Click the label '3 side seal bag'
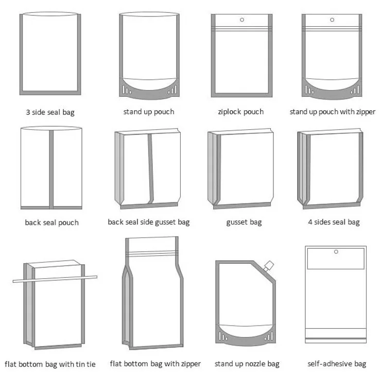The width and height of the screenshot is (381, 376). [x=50, y=111]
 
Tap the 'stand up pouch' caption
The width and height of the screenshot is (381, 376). [x=149, y=111]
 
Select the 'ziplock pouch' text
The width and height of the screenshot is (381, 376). [x=241, y=112]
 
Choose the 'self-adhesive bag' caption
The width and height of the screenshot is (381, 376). [x=337, y=364]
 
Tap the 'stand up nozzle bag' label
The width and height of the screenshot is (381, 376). [x=247, y=364]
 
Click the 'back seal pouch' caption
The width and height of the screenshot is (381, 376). [x=51, y=223]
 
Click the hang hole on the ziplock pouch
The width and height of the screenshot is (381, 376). [x=241, y=21]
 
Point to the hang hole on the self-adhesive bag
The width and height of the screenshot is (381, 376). [x=336, y=252]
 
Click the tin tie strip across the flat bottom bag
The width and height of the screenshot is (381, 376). [x=54, y=279]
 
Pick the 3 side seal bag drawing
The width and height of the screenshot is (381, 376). [x=50, y=54]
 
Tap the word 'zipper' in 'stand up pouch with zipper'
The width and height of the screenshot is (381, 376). [x=365, y=112]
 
